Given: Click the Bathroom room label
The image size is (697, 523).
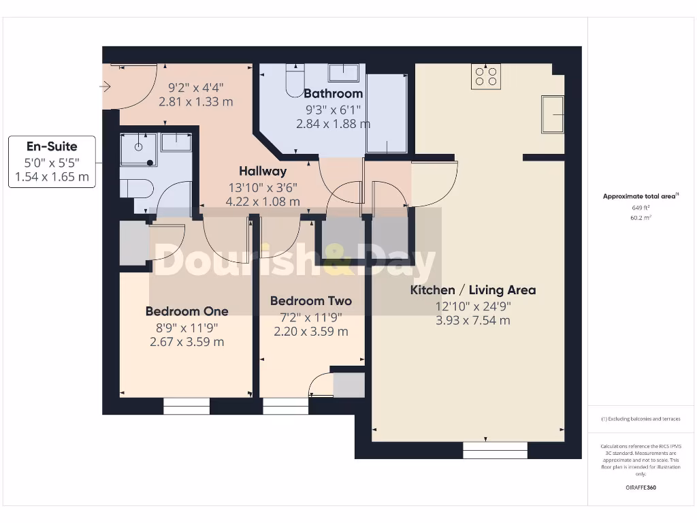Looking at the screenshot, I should [333, 93].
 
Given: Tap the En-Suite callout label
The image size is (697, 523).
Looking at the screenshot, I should [52, 146].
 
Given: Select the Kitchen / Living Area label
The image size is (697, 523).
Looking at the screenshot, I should [472, 290].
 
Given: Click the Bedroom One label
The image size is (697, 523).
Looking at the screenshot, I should [187, 311].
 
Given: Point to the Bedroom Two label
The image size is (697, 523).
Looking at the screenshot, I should [310, 301].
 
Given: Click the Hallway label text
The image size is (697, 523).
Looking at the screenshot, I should [262, 171].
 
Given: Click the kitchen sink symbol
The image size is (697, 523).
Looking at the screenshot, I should [552, 113].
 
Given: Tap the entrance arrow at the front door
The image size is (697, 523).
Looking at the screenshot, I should [106, 86].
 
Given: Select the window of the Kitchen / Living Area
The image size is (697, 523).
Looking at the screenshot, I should [495, 450].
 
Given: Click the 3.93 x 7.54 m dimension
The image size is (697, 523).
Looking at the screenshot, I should [472, 321].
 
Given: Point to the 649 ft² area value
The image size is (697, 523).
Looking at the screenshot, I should [640, 208].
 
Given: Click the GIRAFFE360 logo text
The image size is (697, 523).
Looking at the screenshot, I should [640, 488].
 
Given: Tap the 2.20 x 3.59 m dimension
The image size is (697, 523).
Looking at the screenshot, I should [310, 332].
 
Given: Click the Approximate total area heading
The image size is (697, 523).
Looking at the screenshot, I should [640, 196].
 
